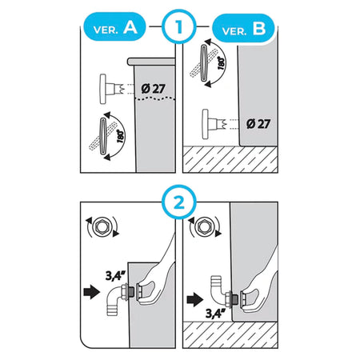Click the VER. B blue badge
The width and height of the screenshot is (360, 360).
(243, 28)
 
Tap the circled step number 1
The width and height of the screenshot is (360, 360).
(179, 26)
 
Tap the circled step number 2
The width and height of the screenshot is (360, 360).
(179, 202)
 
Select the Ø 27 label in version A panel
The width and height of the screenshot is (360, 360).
(153, 89)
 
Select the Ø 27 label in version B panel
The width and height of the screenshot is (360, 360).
(258, 124)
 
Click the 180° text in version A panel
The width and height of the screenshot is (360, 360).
(121, 136)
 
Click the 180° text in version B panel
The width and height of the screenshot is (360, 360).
(222, 63)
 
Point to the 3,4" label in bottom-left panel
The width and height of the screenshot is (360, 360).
(115, 276)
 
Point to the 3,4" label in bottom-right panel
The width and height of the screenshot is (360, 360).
(215, 313)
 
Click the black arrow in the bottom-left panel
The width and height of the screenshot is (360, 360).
(92, 292)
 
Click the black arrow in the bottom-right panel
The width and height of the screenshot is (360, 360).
(195, 299)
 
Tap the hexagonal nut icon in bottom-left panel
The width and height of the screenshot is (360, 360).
(102, 227)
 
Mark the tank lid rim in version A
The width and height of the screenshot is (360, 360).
(151, 62)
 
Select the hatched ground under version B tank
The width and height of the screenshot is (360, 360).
(230, 159)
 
